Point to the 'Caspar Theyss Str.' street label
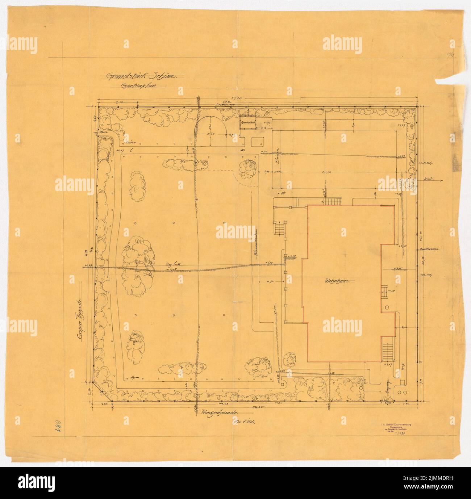pyautogui.click(x=78, y=316)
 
